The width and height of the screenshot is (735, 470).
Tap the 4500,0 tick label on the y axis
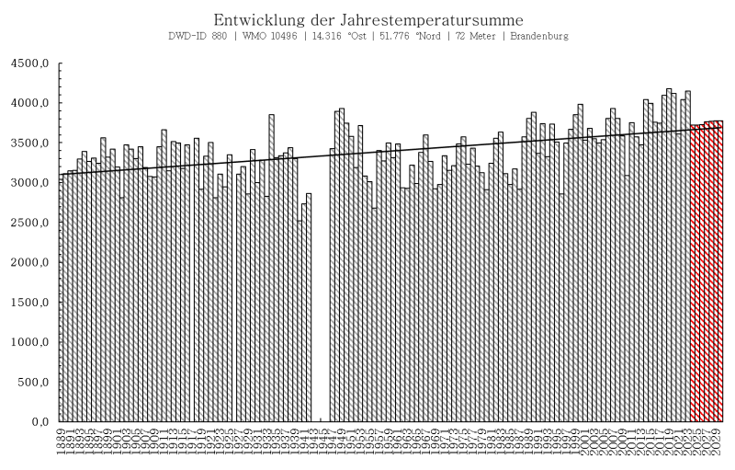point(29,64)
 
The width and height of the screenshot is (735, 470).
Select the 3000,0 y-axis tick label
point(29,183)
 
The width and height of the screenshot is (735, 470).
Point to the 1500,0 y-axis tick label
point(29,303)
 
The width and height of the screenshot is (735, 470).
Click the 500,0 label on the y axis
point(32,382)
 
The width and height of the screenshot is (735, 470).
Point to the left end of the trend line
point(61,174)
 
